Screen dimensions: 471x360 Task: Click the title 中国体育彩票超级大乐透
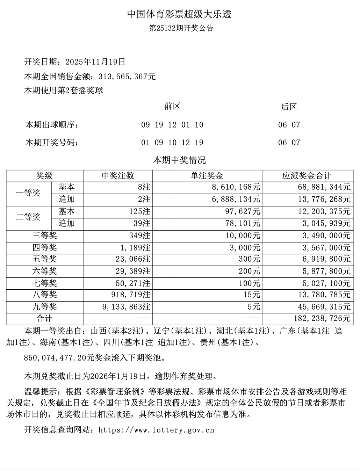[x=180, y=14]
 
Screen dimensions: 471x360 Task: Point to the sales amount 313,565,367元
[x=127, y=77]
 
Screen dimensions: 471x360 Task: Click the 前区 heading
[x=172, y=107]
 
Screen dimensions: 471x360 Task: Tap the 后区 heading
[x=289, y=107]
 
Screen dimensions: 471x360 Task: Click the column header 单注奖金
[x=207, y=176]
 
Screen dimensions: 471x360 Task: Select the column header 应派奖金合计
[x=307, y=176]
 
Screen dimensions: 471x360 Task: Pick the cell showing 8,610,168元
[x=236, y=187]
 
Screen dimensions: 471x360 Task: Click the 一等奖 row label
[x=28, y=193]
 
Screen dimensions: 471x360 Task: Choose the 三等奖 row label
[x=44, y=235]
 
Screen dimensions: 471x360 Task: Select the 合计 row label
[x=44, y=319]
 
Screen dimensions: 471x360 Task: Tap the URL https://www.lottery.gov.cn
[x=156, y=430]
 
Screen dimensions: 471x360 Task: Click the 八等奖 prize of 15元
[x=252, y=295]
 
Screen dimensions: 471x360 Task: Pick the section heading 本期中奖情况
[x=180, y=160]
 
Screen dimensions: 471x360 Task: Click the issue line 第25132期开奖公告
[x=181, y=28]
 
